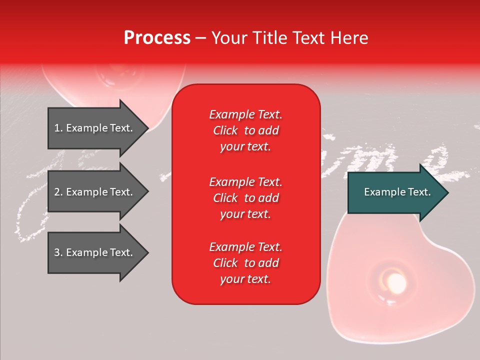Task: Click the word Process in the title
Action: click(x=157, y=38)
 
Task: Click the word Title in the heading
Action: click(x=270, y=38)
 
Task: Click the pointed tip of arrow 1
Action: click(x=146, y=128)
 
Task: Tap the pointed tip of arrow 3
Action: click(x=146, y=252)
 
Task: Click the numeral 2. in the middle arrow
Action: click(x=58, y=192)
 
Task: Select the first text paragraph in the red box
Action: click(x=245, y=130)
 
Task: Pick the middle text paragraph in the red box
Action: click(x=245, y=198)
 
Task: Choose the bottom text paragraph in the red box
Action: click(x=245, y=263)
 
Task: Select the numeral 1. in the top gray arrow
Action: click(x=58, y=128)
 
